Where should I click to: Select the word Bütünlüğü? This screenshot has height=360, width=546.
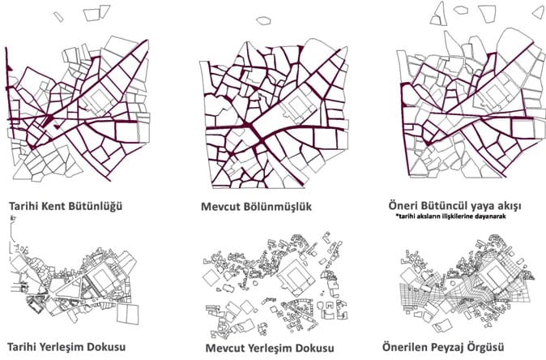pyautogui.click(x=96, y=206)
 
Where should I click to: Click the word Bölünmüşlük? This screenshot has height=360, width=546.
pyautogui.click(x=278, y=206)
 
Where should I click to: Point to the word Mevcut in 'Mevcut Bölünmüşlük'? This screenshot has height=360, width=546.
pyautogui.click(x=220, y=207)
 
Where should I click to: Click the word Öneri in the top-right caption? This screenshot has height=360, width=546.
pyautogui.click(x=402, y=205)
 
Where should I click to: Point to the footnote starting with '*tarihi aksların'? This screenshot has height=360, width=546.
pyautogui.click(x=450, y=216)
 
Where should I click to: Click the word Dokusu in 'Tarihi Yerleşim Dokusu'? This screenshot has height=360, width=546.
pyautogui.click(x=106, y=347)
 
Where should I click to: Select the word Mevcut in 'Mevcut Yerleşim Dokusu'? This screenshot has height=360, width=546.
pyautogui.click(x=224, y=348)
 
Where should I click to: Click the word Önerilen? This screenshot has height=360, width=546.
pyautogui.click(x=405, y=347)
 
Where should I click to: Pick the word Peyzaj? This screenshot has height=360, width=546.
pyautogui.click(x=449, y=348)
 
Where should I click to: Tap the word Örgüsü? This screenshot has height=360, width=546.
pyautogui.click(x=487, y=348)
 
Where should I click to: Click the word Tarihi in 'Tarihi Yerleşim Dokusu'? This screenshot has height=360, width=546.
pyautogui.click(x=22, y=347)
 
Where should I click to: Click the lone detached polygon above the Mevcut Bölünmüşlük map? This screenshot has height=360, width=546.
pyautogui.click(x=263, y=20)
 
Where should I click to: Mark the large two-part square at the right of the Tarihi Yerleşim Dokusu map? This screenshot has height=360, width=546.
pyautogui.click(x=127, y=314)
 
